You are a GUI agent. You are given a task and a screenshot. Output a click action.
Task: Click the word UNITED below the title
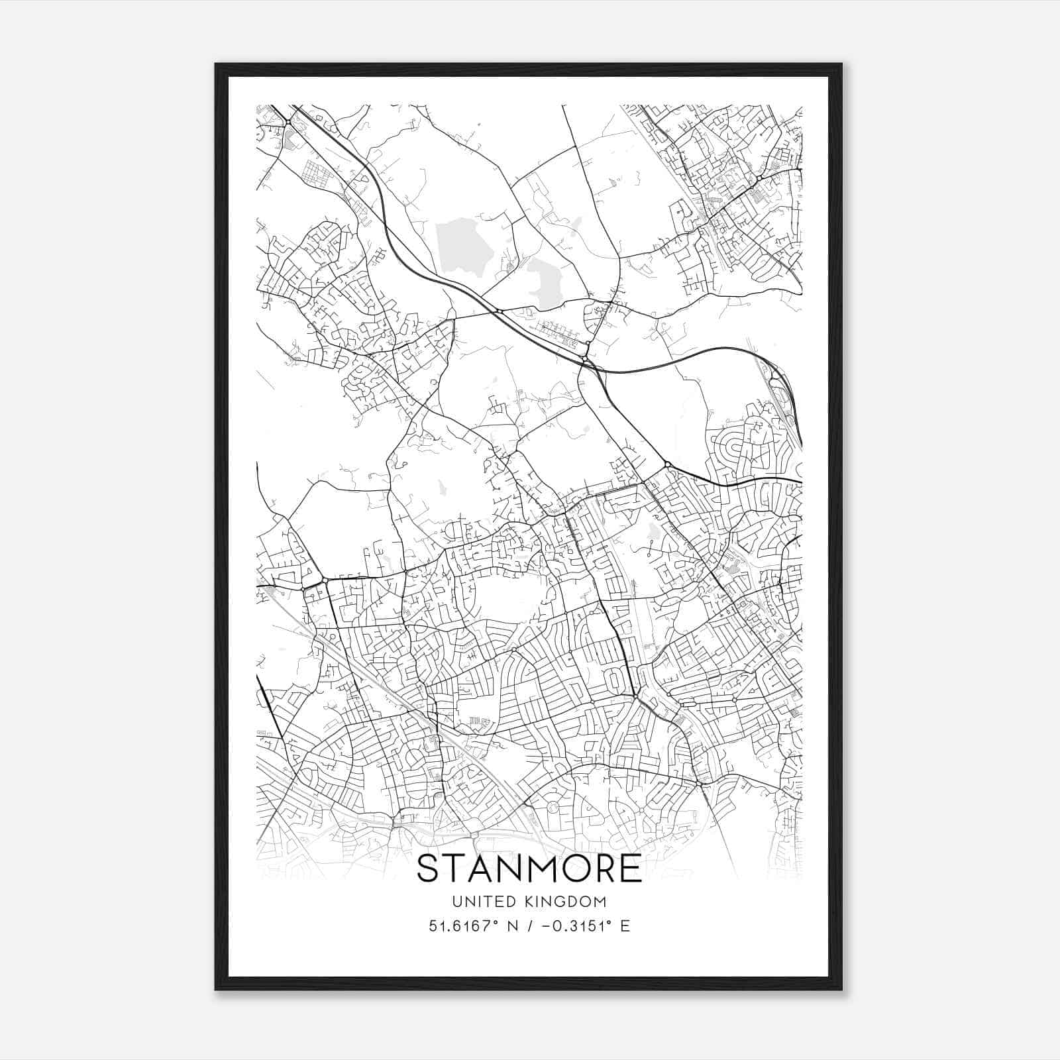(480, 901)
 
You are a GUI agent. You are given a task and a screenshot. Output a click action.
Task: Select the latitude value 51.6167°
(462, 926)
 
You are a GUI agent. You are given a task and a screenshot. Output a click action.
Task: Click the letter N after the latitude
(511, 926)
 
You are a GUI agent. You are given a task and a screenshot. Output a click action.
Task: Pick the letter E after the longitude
(625, 926)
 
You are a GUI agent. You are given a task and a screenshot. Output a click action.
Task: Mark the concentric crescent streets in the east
(732, 450)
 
